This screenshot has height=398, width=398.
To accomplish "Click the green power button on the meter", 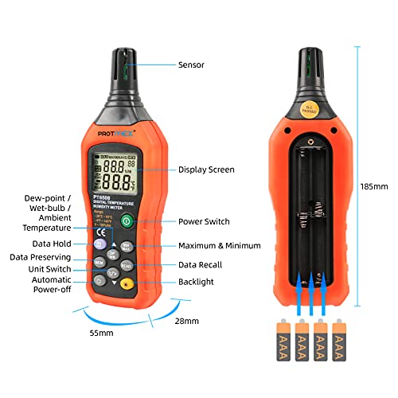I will click(x=126, y=221).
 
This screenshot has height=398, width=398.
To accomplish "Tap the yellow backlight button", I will click(x=126, y=283).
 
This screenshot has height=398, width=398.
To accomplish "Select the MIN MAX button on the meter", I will click(x=126, y=247).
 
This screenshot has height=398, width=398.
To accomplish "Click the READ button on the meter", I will click(x=126, y=265).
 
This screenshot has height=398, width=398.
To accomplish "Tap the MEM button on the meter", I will click(x=99, y=262).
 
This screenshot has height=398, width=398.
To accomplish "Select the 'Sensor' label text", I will click(x=191, y=65).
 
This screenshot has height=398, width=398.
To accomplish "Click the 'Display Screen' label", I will click(x=205, y=170).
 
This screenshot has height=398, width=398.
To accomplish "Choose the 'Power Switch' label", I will click(x=204, y=221).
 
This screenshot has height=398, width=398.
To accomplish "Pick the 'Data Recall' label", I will click(x=201, y=264).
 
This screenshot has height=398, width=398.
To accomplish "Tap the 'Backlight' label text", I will click(x=196, y=283).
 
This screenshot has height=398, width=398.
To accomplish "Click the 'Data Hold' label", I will click(x=52, y=244).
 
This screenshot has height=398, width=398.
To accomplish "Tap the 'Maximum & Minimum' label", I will click(x=219, y=246).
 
